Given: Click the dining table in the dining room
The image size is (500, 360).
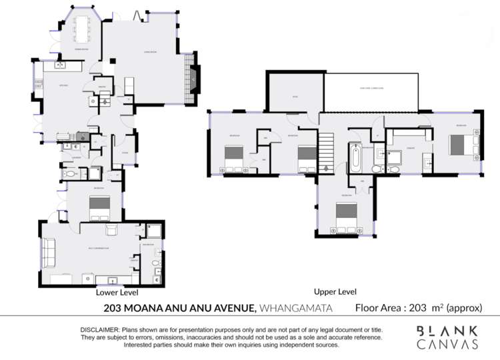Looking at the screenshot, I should tap(83, 29).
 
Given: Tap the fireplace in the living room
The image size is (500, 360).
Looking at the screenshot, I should tap(193, 80).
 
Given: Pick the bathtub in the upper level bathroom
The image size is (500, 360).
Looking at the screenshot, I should tap(355, 159).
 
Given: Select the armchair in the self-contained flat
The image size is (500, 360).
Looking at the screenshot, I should tap(111, 231).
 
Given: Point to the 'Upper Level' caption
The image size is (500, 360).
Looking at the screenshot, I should tap(335, 292).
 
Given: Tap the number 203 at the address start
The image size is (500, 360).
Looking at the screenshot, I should tap(113, 308).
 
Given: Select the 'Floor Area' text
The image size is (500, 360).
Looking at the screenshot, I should tap(379, 308).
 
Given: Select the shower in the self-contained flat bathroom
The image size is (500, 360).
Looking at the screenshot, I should tap(154, 231).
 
